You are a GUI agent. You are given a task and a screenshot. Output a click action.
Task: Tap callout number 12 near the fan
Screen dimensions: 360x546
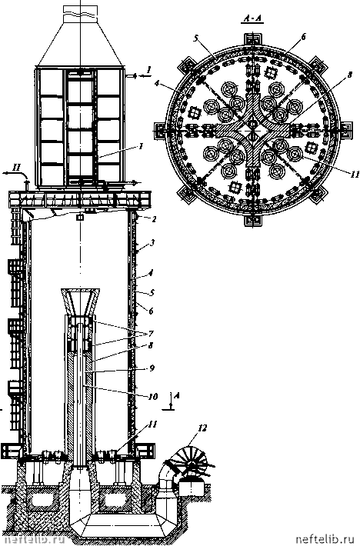[202, 428]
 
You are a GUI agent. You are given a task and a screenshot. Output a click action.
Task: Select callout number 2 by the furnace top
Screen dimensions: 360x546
[154, 219]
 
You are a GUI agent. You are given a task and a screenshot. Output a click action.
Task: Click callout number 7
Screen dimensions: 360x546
[151, 334]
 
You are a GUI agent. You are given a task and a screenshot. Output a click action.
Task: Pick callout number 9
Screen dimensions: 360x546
[151, 368]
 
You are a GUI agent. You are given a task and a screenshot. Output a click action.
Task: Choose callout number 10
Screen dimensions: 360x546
[153, 396]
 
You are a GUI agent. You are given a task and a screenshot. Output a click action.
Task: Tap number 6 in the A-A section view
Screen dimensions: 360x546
[304, 37]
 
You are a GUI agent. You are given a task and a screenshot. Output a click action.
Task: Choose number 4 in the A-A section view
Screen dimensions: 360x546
[158, 84]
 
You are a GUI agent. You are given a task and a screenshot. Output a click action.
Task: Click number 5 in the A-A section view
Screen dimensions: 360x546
[195, 38]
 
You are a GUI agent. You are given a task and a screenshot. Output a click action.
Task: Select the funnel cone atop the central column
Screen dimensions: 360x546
[81, 301]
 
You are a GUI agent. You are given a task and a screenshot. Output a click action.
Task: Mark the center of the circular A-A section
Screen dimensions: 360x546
[253, 129]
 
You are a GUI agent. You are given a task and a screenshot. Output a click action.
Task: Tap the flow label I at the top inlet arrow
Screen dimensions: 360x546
[148, 70]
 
